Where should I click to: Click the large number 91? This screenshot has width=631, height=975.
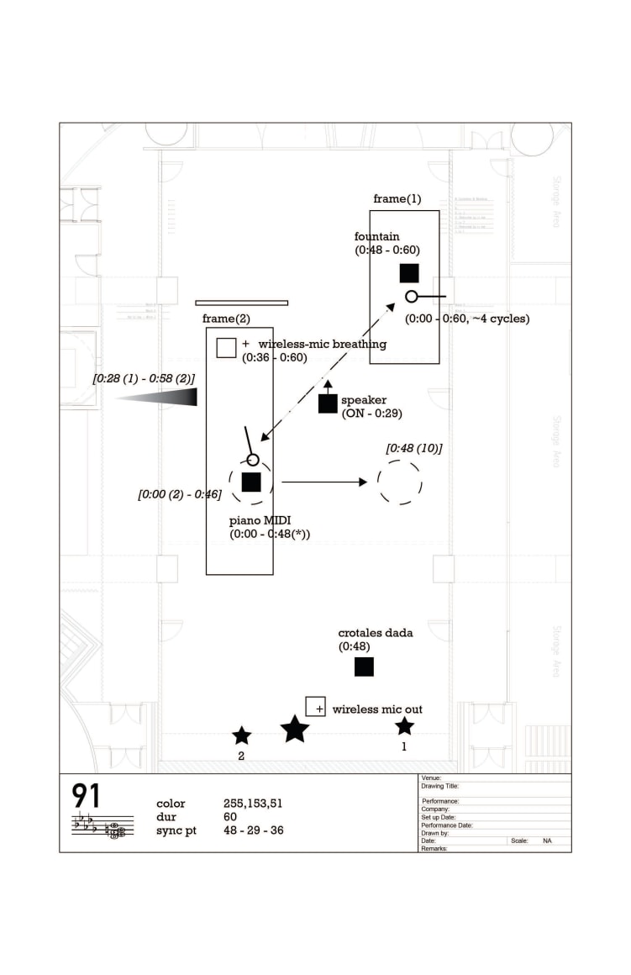point(87,796)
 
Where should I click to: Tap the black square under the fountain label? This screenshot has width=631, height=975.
point(409,273)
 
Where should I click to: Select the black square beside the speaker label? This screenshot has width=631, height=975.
point(328,403)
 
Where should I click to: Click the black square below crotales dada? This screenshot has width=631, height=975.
point(364,667)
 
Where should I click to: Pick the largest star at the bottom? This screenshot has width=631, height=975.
point(295,729)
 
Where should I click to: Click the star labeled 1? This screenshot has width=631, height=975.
point(405,726)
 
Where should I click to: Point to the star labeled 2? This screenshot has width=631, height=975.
point(242,735)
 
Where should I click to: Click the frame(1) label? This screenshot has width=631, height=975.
point(397,199)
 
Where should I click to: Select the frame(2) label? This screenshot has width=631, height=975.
point(226,319)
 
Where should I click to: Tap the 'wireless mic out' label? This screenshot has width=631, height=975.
point(377,709)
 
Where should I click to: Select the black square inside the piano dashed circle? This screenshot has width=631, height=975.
point(251,482)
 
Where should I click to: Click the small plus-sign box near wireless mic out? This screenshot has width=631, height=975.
point(315,706)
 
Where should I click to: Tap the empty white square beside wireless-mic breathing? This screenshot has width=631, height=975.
point(226,347)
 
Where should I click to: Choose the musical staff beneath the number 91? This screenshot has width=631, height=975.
point(102,826)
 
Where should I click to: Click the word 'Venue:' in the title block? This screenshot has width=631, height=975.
point(431,778)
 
